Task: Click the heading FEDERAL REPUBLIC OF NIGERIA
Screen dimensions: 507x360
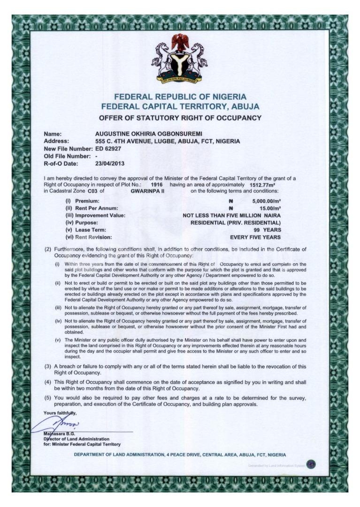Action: [180, 97]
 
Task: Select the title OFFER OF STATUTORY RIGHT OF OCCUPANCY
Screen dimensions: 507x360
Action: [180, 117]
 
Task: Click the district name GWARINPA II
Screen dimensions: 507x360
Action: [147, 191]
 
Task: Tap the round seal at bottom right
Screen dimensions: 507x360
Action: [311, 465]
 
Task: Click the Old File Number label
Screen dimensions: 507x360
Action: [66, 156]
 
